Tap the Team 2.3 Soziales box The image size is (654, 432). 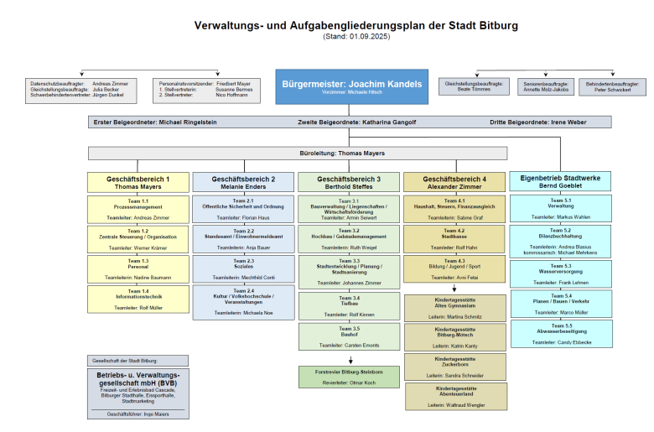(243, 268)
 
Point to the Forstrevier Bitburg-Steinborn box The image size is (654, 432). (350, 377)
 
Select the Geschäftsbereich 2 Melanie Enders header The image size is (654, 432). (243, 182)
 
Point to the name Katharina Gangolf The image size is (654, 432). (389, 122)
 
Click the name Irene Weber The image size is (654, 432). (568, 122)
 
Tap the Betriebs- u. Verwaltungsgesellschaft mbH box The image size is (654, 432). (138, 393)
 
